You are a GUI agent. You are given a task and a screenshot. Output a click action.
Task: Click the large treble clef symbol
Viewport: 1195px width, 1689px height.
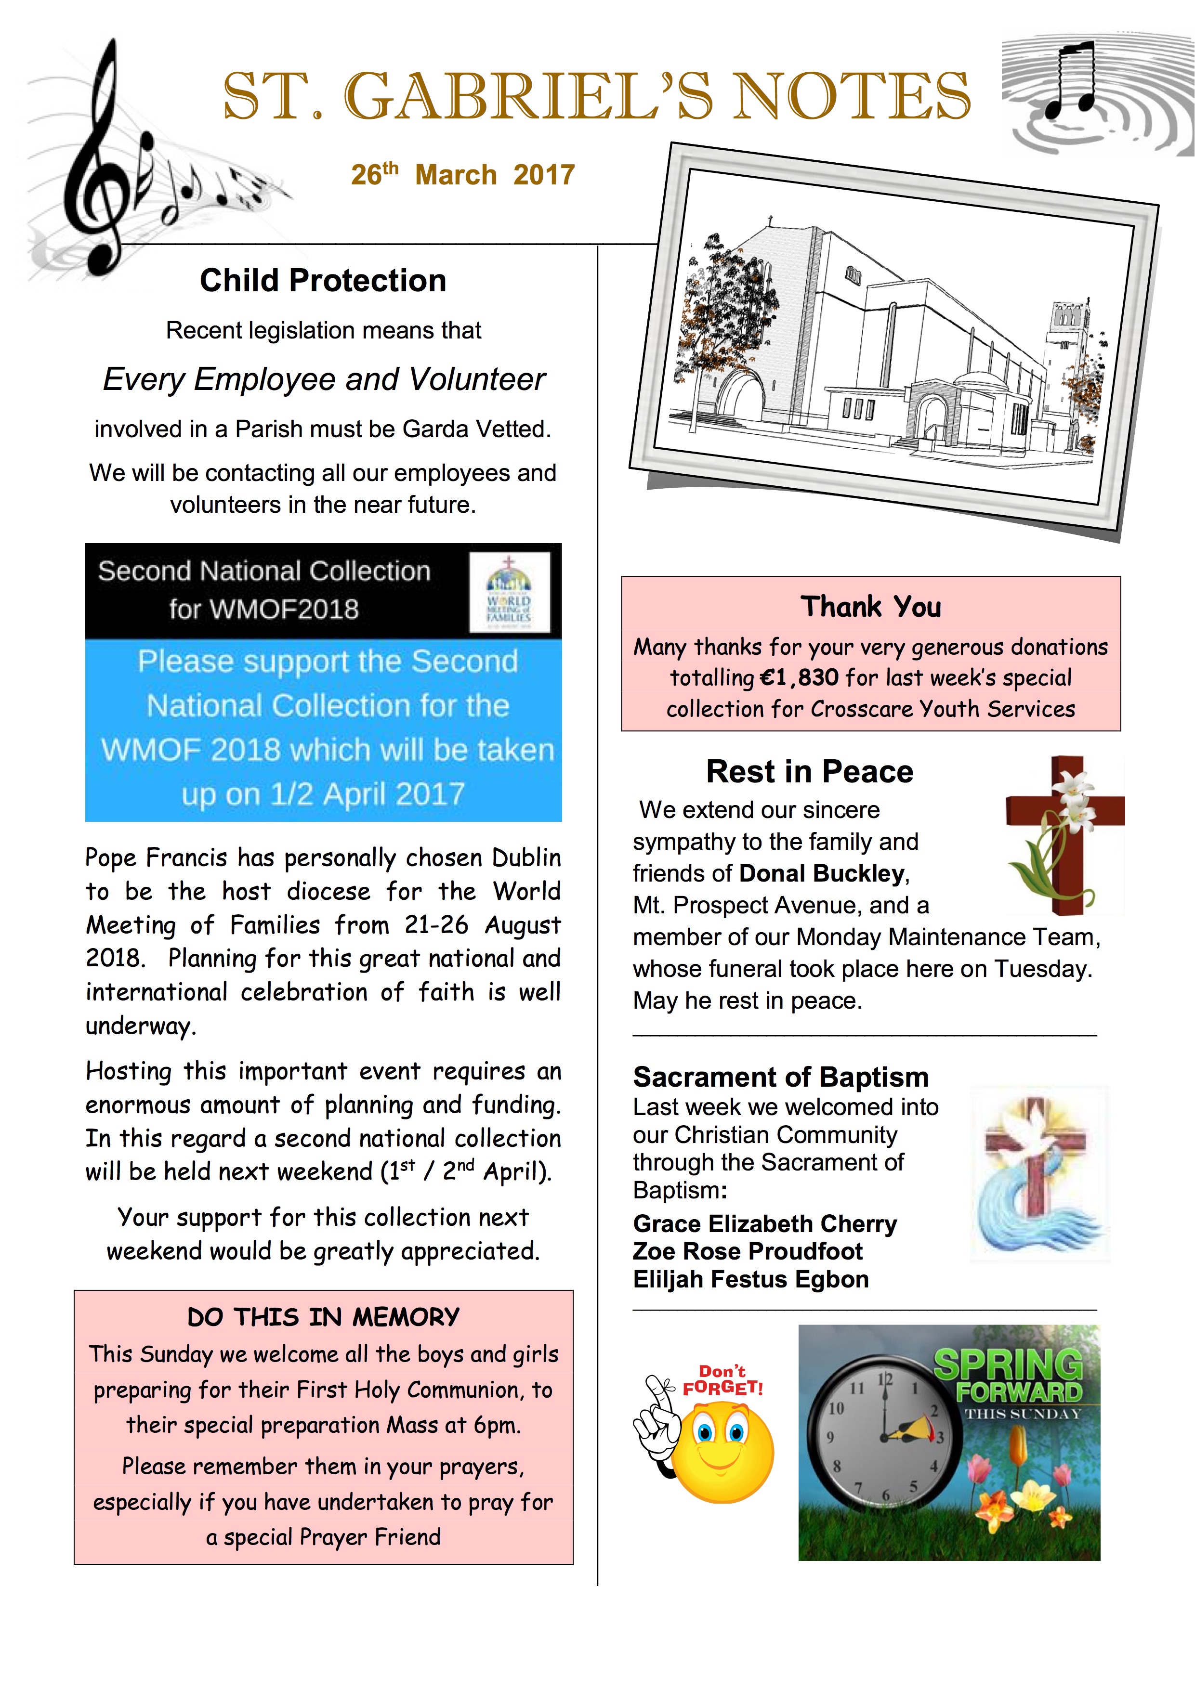(x=103, y=162)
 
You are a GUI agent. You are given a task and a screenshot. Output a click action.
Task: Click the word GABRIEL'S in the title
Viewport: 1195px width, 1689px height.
(x=528, y=97)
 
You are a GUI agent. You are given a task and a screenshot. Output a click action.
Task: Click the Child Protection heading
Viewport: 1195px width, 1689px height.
(x=323, y=280)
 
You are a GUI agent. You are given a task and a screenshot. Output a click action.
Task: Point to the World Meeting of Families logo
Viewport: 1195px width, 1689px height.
(x=509, y=593)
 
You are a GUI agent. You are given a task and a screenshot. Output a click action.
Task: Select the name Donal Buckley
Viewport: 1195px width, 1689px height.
(x=822, y=873)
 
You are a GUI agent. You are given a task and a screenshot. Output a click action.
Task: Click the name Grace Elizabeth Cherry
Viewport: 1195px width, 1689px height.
(x=764, y=1223)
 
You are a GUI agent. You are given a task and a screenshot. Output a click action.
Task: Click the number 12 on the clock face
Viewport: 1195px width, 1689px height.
(x=885, y=1380)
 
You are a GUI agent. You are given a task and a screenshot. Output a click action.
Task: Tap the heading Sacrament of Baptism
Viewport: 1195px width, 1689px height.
(x=781, y=1077)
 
